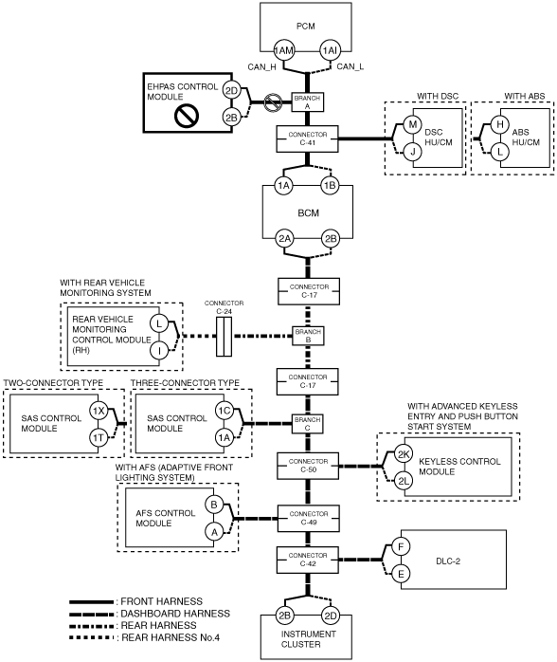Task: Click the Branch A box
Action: [x=308, y=102]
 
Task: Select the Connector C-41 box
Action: [x=307, y=138]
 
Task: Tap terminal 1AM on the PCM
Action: [x=284, y=50]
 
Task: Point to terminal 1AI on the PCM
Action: [x=330, y=50]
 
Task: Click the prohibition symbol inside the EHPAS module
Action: [x=187, y=116]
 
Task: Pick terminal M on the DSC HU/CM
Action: [x=412, y=124]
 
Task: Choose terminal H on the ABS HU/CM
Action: [x=499, y=124]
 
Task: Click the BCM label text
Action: [x=308, y=213]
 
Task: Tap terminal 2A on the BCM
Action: [x=284, y=239]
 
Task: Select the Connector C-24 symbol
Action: [x=224, y=337]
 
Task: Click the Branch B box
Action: [x=308, y=336]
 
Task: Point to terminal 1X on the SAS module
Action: [x=99, y=412]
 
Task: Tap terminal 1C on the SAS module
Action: [x=224, y=411]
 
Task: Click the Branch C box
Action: [x=307, y=424]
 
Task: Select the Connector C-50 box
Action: [x=308, y=466]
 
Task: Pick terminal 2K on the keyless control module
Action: [x=404, y=454]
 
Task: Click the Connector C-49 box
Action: [x=308, y=519]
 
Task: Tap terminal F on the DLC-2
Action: [x=401, y=547]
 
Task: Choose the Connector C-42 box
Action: [x=307, y=560]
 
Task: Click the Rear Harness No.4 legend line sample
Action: [x=92, y=637]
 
